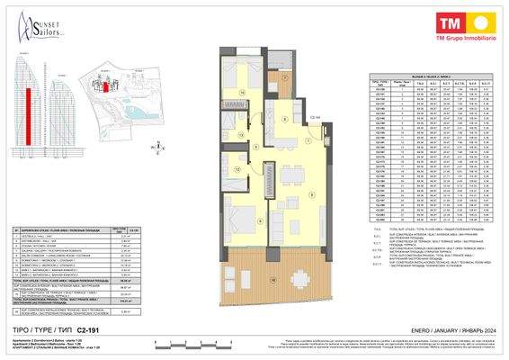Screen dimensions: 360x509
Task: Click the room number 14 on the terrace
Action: (x=272, y=281)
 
